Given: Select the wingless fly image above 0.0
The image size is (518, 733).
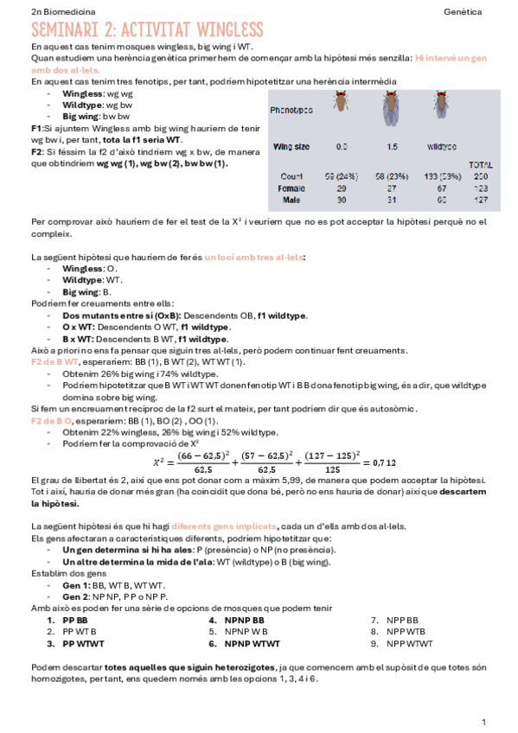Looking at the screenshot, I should pos(342,102).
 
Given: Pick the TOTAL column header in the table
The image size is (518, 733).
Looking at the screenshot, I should pos(480,164).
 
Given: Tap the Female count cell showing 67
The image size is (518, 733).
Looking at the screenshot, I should pos(441,188).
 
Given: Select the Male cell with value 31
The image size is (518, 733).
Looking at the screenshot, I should pos(392,200).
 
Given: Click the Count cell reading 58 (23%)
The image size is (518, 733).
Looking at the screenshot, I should pos(393,176).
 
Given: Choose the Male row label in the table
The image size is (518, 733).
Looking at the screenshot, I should pos(291,200).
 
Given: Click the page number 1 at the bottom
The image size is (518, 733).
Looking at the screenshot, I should pos(484,721).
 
